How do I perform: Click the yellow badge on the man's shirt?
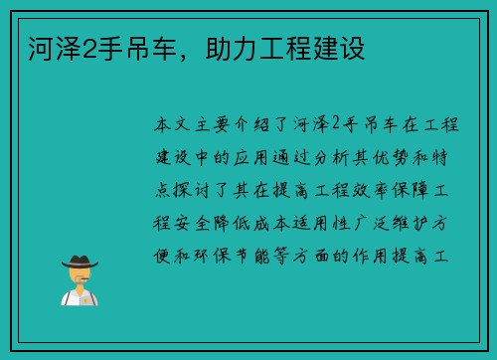coord(87,297)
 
